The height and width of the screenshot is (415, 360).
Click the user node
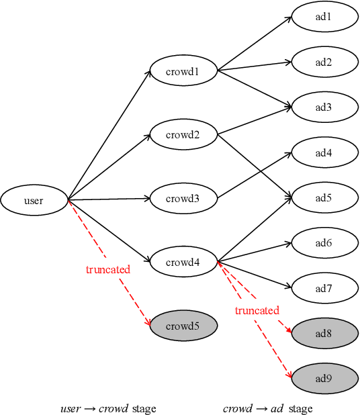pyautogui.click(x=34, y=200)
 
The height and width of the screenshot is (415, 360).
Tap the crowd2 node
pyautogui.click(x=183, y=134)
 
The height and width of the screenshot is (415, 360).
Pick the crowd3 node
pyautogui.click(x=183, y=198)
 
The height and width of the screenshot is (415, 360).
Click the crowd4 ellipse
pyautogui.click(x=183, y=262)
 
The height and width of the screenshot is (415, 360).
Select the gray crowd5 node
pyautogui.click(x=183, y=326)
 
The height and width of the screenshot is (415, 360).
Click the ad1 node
pyautogui.click(x=324, y=17)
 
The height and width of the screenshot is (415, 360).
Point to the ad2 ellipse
pyautogui.click(x=324, y=62)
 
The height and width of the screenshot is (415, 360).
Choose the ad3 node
pyautogui.click(x=324, y=107)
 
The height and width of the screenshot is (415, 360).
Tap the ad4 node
pyautogui.click(x=324, y=152)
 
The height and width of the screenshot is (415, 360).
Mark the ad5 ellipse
pyautogui.click(x=324, y=198)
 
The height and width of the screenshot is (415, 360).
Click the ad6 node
pyautogui.click(x=324, y=243)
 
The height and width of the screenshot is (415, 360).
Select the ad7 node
pyautogui.click(x=324, y=289)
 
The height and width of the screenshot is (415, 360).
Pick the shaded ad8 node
pyautogui.click(x=324, y=333)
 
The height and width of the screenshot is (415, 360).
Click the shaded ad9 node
pyautogui.click(x=324, y=378)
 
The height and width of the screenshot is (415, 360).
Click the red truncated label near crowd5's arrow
pyautogui.click(x=108, y=269)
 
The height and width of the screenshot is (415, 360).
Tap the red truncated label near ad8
pyautogui.click(x=257, y=310)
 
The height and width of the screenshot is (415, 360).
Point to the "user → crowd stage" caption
pyautogui.click(x=108, y=408)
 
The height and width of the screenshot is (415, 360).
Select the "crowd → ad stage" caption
pyautogui.click(x=268, y=408)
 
